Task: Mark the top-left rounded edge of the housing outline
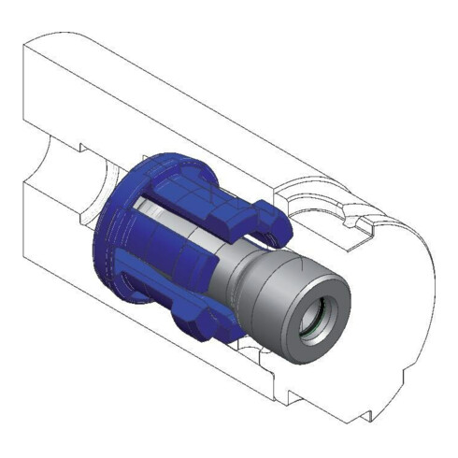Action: point(37,42)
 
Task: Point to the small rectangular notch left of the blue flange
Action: point(85,150)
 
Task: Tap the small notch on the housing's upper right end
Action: point(352,224)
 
